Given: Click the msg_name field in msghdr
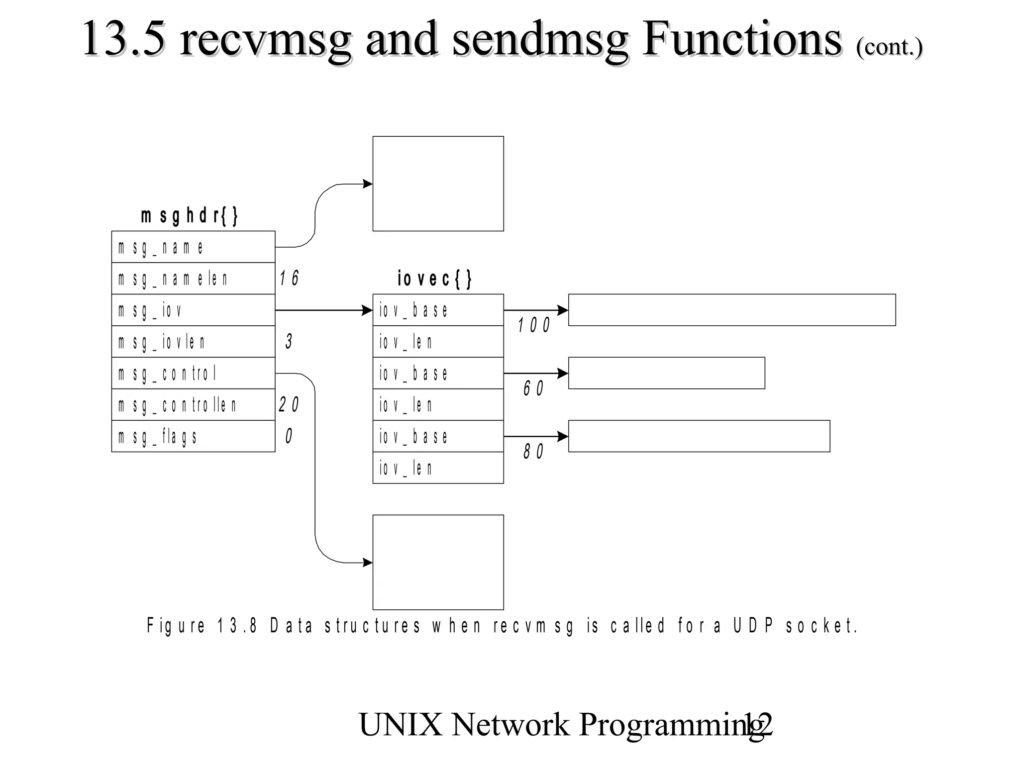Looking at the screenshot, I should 193,247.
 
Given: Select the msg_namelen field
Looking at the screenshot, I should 193,279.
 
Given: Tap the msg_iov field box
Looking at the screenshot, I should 193,310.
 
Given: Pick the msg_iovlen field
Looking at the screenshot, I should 193,342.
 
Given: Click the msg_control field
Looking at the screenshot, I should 193,373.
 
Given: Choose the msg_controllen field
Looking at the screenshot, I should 193,405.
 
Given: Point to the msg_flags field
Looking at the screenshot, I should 193,436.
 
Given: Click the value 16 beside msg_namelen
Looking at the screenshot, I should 289,279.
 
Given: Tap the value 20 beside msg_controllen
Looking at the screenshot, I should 289,405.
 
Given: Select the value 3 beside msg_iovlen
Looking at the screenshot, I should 289,342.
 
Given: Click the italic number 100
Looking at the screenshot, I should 533,326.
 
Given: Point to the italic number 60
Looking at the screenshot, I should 533,388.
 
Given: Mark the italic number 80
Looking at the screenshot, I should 533,452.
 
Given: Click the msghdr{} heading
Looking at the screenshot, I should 190,216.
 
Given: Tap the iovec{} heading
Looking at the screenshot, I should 434,279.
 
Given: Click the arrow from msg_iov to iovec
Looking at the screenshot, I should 323,310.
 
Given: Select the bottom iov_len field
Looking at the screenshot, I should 438,468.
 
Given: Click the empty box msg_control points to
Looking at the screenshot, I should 438,562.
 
